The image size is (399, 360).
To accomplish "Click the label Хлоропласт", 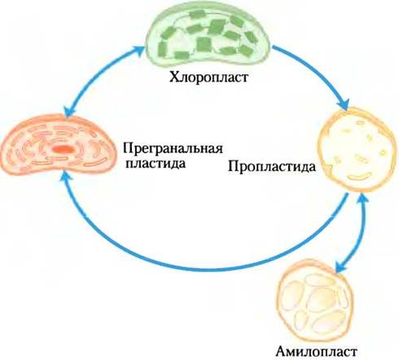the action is pos(208,77).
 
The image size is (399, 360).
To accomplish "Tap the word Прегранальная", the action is pos(173,149).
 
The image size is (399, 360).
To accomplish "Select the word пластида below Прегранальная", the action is pos(156,164).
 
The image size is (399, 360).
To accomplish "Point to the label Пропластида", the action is pos(272,166).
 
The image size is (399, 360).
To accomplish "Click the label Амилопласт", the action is pos(316,352).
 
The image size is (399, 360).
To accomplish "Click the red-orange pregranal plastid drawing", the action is pos(59,145).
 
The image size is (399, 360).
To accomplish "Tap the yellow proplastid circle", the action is pos(357,150).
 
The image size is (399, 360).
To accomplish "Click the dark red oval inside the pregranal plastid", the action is pos(64,149).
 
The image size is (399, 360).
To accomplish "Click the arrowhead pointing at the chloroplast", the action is pos(138,51).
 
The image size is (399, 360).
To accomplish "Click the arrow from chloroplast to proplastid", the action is pos(316,72).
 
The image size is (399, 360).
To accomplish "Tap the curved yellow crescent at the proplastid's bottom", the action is pos(359,177).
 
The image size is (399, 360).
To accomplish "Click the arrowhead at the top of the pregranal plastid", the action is pos(68,112).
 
